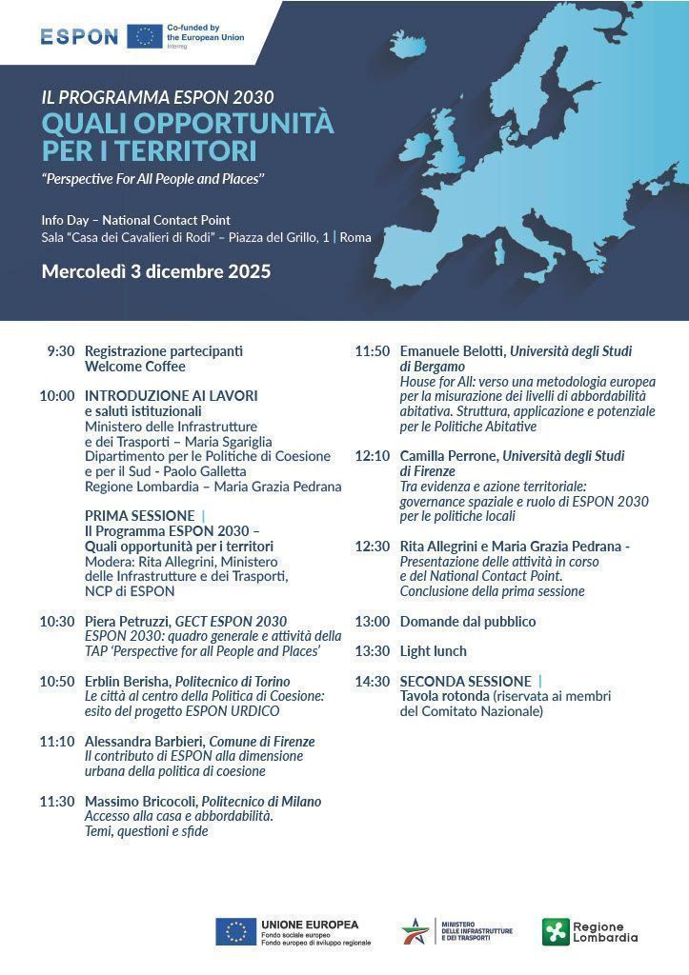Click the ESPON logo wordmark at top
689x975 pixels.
[x=79, y=36]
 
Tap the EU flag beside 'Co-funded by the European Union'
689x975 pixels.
[x=145, y=36]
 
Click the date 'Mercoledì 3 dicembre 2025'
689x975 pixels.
[x=156, y=271]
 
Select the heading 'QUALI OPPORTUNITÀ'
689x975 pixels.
[x=188, y=124]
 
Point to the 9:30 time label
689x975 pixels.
[x=60, y=350]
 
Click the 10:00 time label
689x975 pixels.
[x=57, y=395]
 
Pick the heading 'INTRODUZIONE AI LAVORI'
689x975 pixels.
[x=172, y=395]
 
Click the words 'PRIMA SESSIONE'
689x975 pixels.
[x=139, y=516]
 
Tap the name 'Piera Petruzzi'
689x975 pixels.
[x=127, y=622]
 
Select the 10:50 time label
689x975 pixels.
[x=57, y=682]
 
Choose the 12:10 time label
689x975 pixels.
[x=373, y=456]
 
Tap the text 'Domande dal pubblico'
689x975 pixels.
[x=468, y=622]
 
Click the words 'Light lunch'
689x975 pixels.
[x=434, y=651]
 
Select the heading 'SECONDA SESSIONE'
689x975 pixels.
[x=465, y=682]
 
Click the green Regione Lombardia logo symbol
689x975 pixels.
[x=555, y=931]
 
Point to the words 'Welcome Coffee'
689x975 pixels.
[x=135, y=366]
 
